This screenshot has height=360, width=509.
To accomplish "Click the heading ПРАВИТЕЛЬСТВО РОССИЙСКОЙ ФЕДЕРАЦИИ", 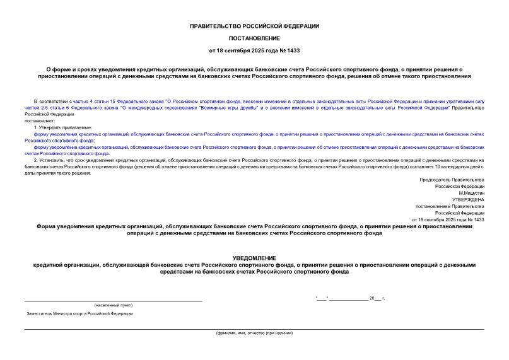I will [x=254, y=26].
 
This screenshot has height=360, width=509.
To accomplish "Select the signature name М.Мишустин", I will [x=471, y=193].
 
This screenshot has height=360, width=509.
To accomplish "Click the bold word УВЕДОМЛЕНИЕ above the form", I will [x=254, y=258].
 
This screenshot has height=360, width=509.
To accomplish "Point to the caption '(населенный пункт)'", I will [x=114, y=305].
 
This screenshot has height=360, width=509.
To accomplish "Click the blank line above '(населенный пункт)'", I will [x=114, y=300].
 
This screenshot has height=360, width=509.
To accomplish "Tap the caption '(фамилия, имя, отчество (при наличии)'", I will [x=254, y=332].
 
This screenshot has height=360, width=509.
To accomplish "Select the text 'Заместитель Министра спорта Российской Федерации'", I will [x=79, y=313].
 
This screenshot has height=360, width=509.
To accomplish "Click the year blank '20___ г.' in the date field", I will [x=377, y=298].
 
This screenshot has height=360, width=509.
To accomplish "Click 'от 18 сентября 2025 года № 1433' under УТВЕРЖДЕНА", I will [x=447, y=219].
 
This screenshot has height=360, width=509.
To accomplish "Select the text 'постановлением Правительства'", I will [x=449, y=206].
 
